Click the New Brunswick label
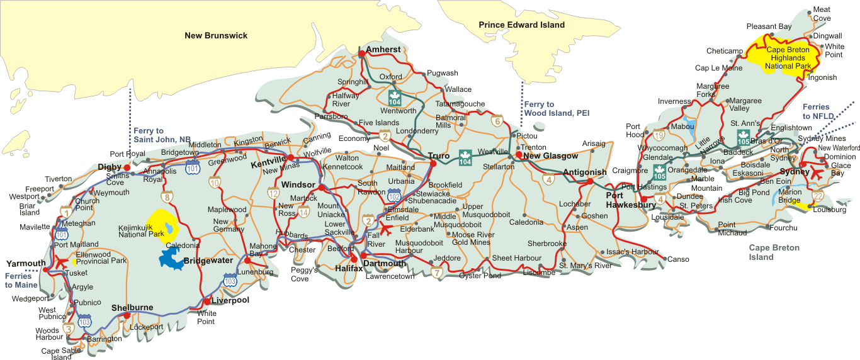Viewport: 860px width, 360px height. coord(216,35)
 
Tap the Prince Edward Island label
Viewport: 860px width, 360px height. coord(521,25)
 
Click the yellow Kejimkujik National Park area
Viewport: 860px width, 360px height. coord(161,227)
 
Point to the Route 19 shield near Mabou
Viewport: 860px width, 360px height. coord(659,134)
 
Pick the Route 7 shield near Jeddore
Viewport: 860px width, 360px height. coord(436,273)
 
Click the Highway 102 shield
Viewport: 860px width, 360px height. coord(394,196)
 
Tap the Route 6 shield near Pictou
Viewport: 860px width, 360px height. coord(497,121)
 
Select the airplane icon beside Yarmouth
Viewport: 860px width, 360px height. coord(62,260)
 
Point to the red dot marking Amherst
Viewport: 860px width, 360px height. coord(362,54)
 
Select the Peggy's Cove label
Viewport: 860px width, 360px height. coord(300,274)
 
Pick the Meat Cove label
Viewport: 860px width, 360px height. coord(822,14)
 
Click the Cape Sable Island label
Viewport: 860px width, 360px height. coord(61,354)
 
